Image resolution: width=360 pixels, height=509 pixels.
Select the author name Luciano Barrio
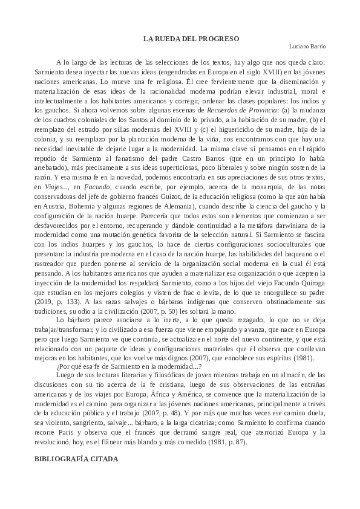307,47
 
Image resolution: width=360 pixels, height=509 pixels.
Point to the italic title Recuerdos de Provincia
242,110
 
